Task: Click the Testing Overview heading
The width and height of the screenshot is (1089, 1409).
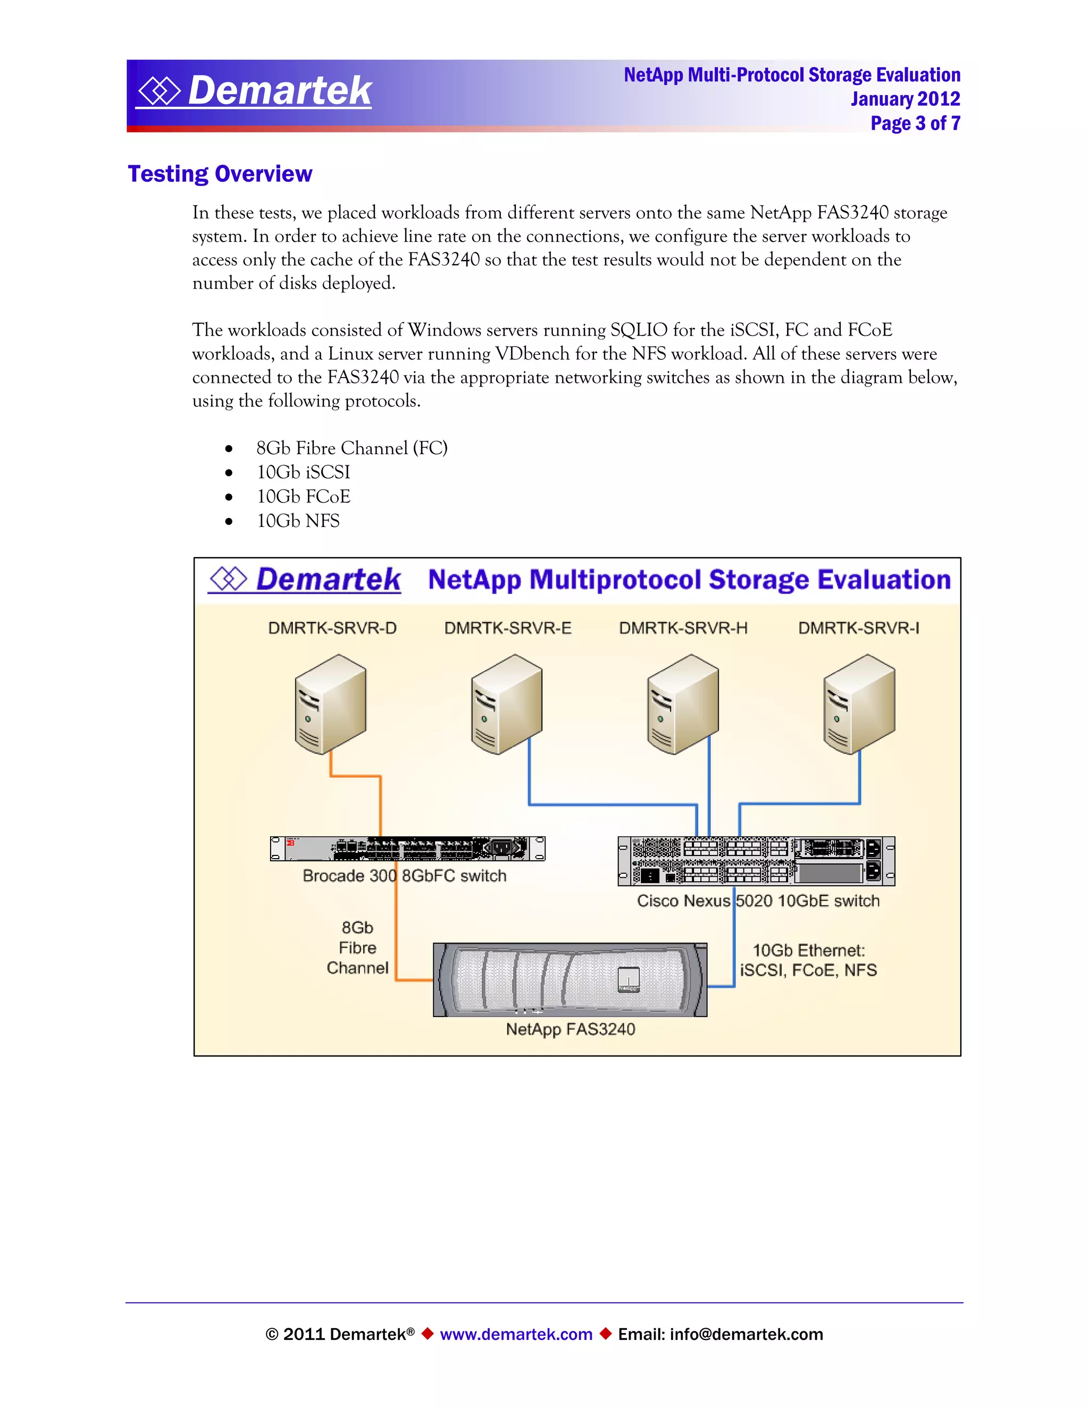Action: coord(220,174)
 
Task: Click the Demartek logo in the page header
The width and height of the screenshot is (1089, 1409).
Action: coord(254,90)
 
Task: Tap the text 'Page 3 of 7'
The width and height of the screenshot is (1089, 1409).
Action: coord(915,123)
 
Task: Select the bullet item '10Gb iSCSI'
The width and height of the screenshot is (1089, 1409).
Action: coord(303,472)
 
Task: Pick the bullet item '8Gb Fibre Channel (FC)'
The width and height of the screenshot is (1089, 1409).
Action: coord(351,448)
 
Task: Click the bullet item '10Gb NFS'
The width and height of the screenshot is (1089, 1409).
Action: coord(298,521)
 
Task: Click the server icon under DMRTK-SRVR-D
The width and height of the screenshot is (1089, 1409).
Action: coord(330,704)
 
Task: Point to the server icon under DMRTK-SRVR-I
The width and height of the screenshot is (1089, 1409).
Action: coord(859,704)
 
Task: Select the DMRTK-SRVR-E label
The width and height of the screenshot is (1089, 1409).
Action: coord(508,628)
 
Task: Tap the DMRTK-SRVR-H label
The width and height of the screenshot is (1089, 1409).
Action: coord(683,628)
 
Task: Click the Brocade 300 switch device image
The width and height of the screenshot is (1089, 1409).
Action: coord(407,849)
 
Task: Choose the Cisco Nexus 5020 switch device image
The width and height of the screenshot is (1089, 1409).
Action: coord(756,861)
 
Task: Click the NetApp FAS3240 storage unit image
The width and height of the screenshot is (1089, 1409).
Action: coord(569,979)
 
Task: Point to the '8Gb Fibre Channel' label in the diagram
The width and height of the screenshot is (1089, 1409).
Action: coord(357,947)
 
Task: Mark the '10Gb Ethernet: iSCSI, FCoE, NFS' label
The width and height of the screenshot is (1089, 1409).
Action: coord(808,960)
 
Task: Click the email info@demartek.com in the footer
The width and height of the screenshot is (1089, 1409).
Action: coord(746,1334)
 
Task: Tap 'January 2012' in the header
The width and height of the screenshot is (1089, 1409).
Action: coord(904,99)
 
